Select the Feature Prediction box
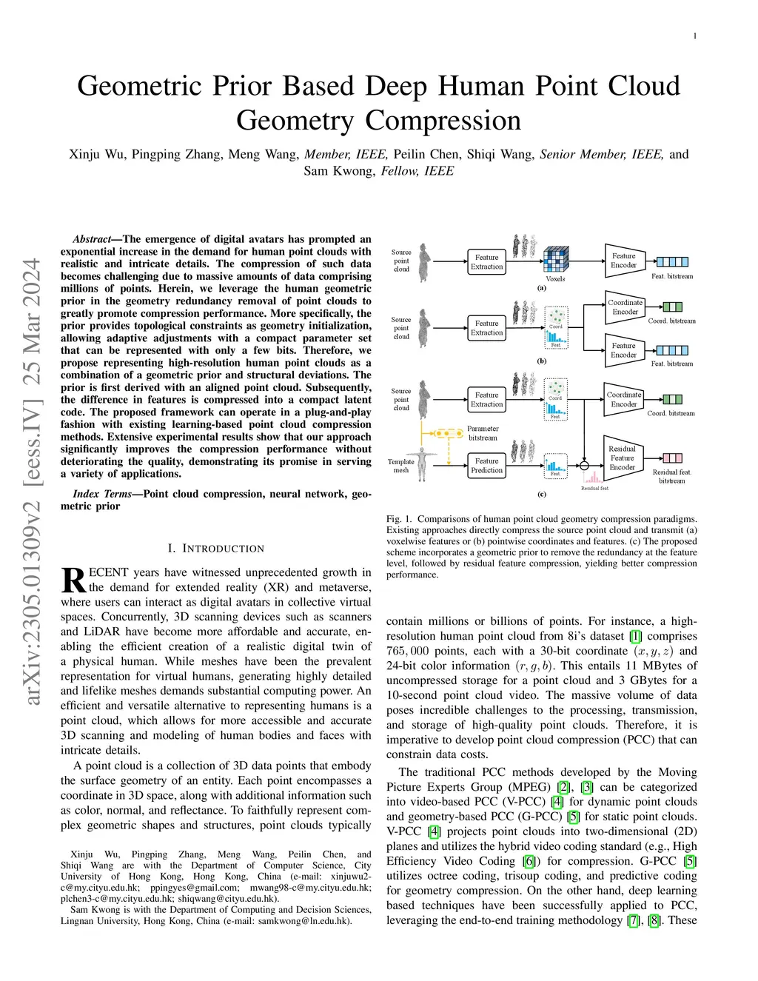[486, 466]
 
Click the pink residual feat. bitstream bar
[672, 458]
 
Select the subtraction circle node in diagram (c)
[584, 466]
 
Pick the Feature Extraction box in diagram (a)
[486, 262]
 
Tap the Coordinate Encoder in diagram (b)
[625, 307]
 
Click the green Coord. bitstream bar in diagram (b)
[672, 307]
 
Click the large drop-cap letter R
[73, 580]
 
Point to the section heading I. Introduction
[215, 549]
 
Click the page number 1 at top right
[695, 36]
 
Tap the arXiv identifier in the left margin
[32, 481]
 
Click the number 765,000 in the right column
[407, 651]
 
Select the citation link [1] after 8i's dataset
[635, 636]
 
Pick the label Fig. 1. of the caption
[398, 519]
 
